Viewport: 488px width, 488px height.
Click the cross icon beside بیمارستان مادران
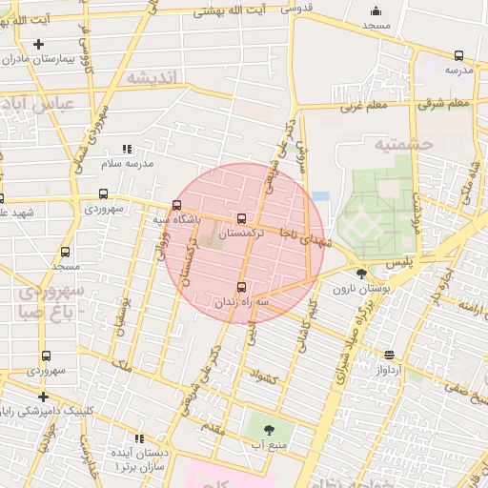coord(38,44)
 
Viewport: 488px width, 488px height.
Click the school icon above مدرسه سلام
coord(127,149)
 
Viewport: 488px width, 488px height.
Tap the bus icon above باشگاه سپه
coord(176,205)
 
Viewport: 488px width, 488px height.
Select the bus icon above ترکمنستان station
coord(240,218)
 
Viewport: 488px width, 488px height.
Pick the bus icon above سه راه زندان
coord(240,286)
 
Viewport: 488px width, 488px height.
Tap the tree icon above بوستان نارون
coord(361,274)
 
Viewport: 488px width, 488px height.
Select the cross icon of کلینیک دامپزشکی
coord(42,396)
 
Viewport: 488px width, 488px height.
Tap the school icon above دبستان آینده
coord(140,439)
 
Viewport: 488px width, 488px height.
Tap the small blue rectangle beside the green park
coord(320,196)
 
